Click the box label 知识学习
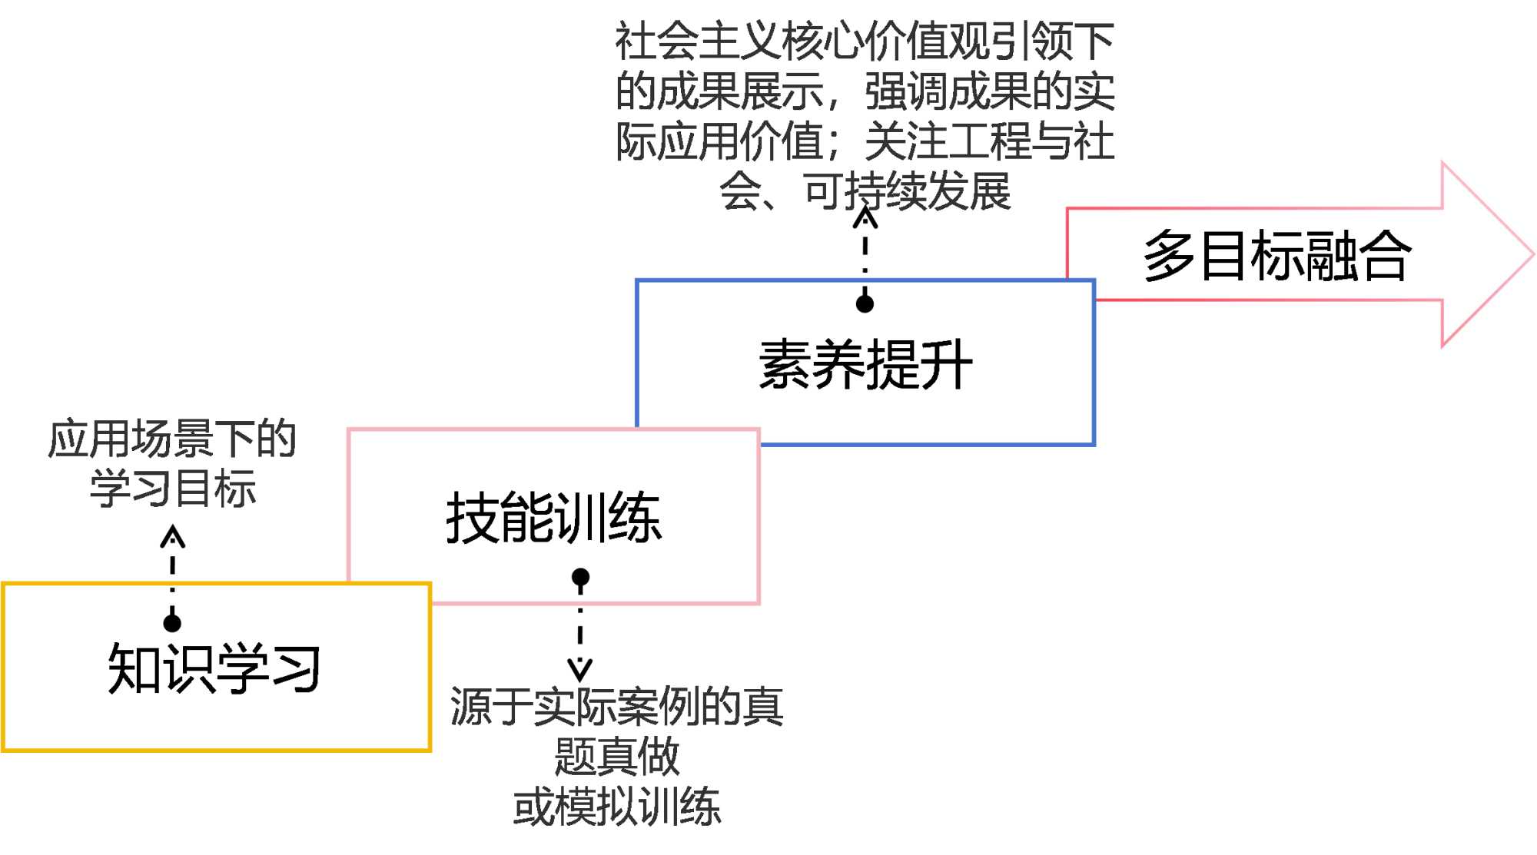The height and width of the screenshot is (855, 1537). tap(214, 669)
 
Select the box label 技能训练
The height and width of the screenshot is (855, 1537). tap(553, 518)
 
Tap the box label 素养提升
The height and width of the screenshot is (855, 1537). tap(865, 365)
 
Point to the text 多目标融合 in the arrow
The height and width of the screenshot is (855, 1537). tap(1276, 256)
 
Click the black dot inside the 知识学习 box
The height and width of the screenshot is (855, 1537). tap(172, 622)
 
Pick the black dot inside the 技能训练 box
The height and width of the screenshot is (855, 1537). tap(580, 577)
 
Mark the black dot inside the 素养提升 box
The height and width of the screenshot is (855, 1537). tap(865, 304)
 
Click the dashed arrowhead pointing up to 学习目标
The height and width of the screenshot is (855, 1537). tap(172, 535)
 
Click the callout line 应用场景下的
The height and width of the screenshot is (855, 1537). tap(172, 439)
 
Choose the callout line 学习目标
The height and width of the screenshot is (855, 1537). tap(172, 489)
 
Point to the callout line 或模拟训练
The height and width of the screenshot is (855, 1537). tap(617, 807)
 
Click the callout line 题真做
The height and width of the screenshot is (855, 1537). tap(617, 757)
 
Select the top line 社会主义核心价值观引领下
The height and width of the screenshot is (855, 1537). tap(865, 41)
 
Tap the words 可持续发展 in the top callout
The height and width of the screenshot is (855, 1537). tap(907, 191)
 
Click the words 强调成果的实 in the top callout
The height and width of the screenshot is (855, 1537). tap(990, 91)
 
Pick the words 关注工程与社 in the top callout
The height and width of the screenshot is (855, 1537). tap(990, 142)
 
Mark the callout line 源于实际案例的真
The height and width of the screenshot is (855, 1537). tap(617, 707)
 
